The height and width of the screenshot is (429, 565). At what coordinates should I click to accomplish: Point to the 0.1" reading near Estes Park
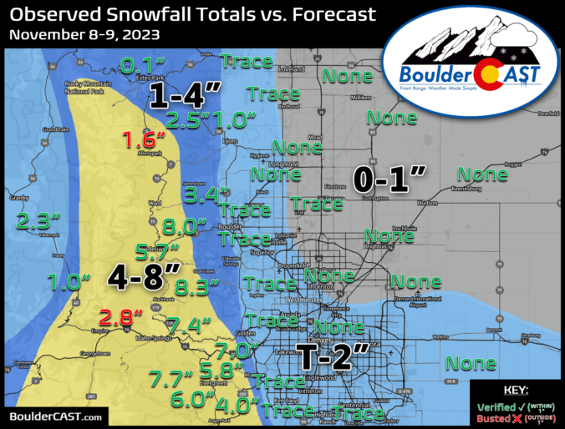(142, 64)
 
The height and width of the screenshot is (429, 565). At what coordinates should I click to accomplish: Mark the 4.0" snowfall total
(231, 406)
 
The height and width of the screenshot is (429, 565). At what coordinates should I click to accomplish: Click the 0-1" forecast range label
(389, 178)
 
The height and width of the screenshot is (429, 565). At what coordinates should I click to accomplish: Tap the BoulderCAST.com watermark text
(56, 416)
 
